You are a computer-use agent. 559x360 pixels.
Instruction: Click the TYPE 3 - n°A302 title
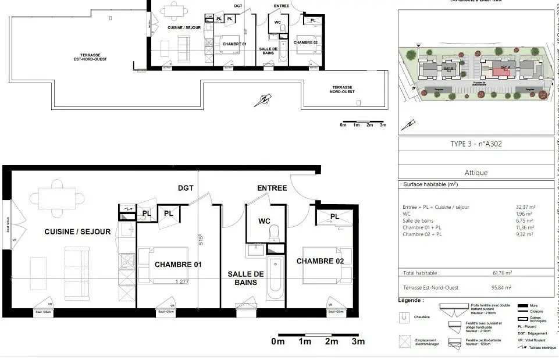click(x=475, y=144)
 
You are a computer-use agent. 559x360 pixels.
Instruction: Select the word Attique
click(x=476, y=173)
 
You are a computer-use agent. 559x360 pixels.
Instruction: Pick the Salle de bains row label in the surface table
click(x=419, y=220)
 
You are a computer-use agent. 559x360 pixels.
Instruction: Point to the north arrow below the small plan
click(x=262, y=101)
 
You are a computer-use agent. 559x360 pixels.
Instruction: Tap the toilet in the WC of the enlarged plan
click(x=275, y=233)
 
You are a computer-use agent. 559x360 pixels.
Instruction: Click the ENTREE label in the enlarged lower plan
click(x=272, y=188)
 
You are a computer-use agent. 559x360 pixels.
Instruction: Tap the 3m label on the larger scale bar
click(x=358, y=341)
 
